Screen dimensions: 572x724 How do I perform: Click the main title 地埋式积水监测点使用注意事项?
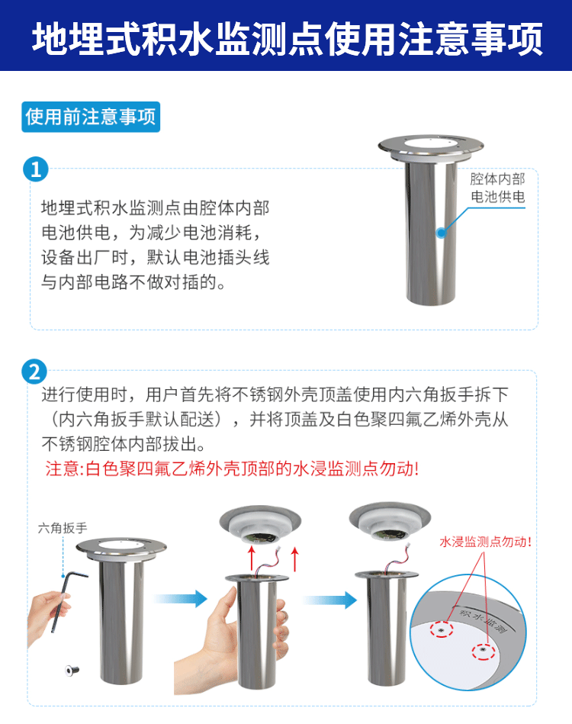tap(287, 39)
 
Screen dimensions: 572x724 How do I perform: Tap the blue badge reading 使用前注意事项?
tap(91, 117)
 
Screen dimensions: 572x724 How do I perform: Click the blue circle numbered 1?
tap(36, 169)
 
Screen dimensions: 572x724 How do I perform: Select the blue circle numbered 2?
tap(34, 372)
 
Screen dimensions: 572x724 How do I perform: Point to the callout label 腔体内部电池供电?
tap(498, 188)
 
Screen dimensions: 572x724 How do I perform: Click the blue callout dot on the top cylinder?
tap(442, 232)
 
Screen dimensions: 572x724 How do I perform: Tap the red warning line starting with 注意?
tap(232, 468)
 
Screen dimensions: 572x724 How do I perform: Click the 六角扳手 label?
tap(63, 527)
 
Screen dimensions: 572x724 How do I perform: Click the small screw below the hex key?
tap(72, 669)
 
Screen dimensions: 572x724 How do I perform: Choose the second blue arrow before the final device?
tap(330, 600)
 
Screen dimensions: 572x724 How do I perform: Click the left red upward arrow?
tap(252, 558)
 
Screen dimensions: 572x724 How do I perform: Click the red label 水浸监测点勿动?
tap(485, 542)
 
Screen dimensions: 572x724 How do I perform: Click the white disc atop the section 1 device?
tap(430, 143)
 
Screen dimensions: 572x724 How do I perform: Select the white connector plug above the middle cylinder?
tap(279, 549)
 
